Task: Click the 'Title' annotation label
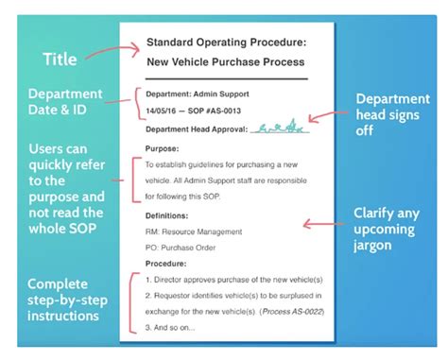pos(60,60)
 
